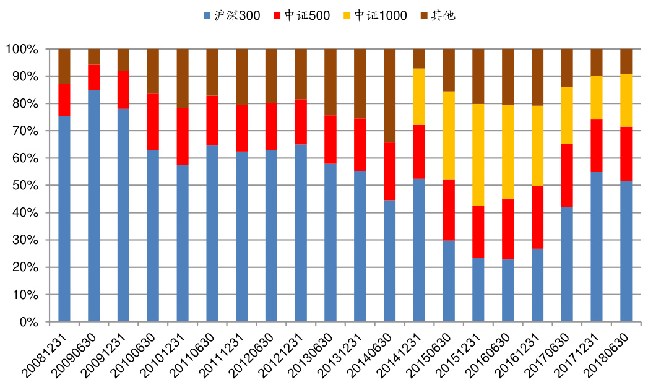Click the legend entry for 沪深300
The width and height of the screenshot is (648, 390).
click(x=237, y=15)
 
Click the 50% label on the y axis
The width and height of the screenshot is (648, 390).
click(x=27, y=186)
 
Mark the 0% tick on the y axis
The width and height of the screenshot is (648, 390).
click(x=30, y=322)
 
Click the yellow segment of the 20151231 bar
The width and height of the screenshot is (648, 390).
click(x=478, y=155)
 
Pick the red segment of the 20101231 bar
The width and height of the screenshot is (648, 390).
click(x=183, y=136)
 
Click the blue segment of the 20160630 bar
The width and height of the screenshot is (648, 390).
click(x=508, y=290)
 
